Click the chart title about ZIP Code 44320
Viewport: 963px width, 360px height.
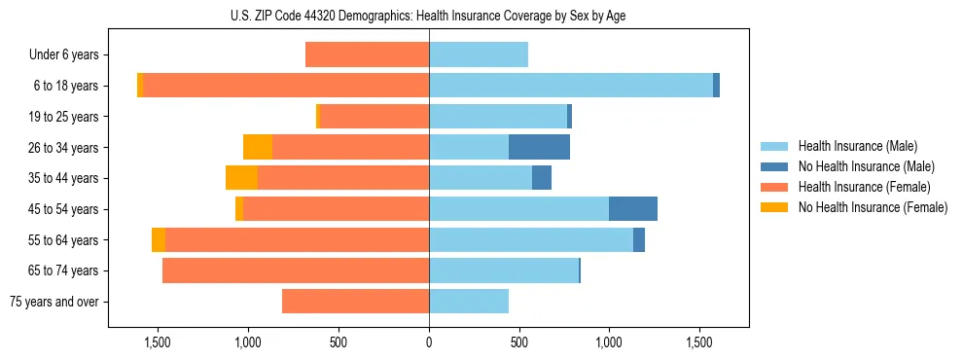point(429,16)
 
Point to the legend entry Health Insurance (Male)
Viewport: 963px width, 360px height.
point(857,146)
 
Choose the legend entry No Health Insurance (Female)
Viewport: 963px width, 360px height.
point(873,207)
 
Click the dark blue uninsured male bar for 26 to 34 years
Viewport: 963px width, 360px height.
point(539,147)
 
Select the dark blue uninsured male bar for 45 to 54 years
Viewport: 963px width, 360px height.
point(633,209)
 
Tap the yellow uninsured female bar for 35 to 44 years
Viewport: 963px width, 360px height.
point(241,178)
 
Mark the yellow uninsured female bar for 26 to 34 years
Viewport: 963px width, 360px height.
point(258,147)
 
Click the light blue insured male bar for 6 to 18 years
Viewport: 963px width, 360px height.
point(571,86)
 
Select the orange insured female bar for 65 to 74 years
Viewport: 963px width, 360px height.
point(296,270)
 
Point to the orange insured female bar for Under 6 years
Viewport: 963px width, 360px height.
point(367,54)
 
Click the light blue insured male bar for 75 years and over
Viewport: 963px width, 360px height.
point(469,302)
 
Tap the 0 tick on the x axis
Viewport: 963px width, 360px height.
point(429,342)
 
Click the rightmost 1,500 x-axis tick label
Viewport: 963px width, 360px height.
point(699,342)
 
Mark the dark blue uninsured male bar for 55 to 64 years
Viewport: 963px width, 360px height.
point(639,239)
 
